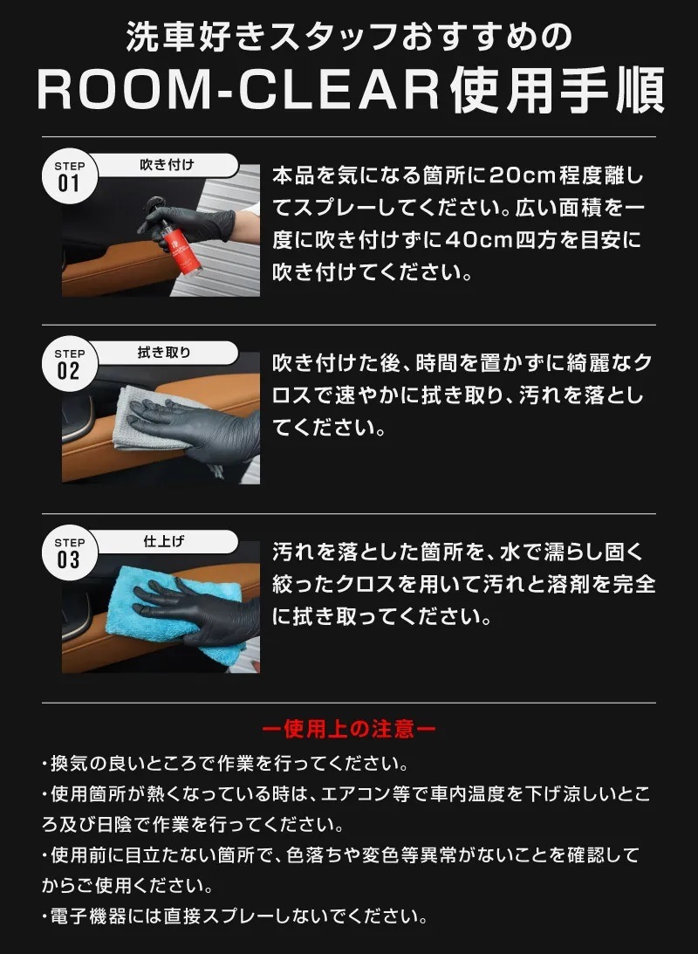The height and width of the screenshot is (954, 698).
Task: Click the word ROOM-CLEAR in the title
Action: (x=239, y=90)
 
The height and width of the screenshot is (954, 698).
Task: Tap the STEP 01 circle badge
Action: (x=69, y=175)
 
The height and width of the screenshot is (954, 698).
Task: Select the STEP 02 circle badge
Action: (x=69, y=363)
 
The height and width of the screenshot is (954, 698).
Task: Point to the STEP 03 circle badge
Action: (x=69, y=552)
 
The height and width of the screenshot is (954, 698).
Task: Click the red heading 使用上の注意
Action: (x=349, y=728)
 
